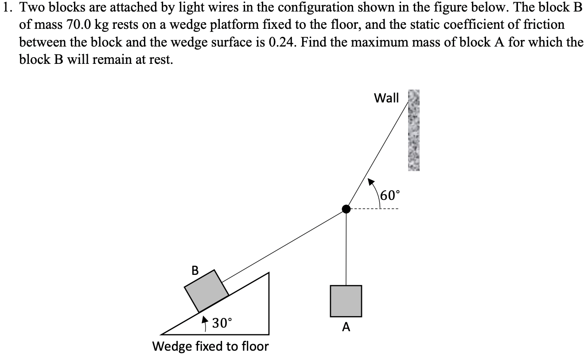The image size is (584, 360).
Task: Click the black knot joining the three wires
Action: click(346, 209)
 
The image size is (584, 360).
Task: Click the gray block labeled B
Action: click(206, 290)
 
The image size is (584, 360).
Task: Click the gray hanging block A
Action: click(346, 301)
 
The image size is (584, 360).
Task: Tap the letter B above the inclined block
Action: click(195, 270)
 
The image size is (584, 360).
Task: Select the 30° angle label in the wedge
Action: click(221, 323)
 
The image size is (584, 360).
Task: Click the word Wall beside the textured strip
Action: click(386, 98)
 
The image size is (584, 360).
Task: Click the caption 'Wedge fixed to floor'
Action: click(210, 346)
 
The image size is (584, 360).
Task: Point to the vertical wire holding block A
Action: click(346, 248)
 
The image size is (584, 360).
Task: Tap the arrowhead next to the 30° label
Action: click(204, 319)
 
